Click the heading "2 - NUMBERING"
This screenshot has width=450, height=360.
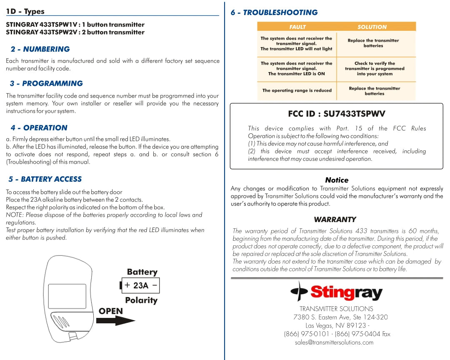40,49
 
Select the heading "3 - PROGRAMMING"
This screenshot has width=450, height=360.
46,83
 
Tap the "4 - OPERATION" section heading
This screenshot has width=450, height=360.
39,128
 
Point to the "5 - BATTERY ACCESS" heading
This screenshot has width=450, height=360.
45,179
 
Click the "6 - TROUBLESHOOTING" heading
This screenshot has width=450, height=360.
274,12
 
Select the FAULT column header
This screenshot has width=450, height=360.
297,27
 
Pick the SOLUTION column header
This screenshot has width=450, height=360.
372,27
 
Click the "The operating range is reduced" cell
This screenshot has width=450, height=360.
297,90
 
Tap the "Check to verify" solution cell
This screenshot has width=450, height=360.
374,69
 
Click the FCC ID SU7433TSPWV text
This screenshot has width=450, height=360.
336,114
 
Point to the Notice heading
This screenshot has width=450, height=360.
337,180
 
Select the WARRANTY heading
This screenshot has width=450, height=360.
335,220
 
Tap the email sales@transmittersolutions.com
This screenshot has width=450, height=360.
334,342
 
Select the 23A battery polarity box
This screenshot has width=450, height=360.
140,285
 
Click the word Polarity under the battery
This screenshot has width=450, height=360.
141,300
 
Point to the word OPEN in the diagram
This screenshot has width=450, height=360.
111,311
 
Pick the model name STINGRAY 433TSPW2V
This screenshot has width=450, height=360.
42,32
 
